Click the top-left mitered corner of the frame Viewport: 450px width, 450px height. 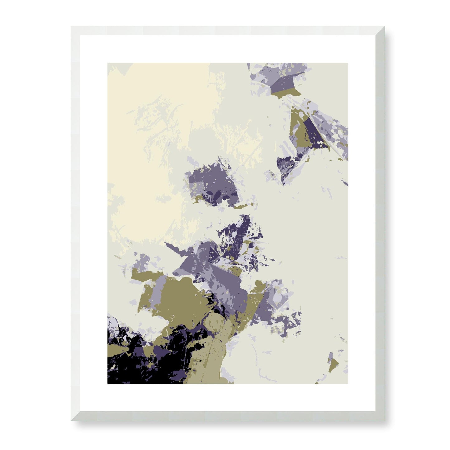[x=72, y=27]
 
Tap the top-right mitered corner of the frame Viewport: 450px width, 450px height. [x=384, y=27]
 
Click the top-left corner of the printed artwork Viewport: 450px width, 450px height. [x=108, y=64]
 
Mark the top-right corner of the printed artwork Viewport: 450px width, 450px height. [x=348, y=64]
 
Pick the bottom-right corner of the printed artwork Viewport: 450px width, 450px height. [x=348, y=383]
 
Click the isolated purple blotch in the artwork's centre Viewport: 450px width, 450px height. [x=212, y=184]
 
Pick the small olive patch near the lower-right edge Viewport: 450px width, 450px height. [x=333, y=364]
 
